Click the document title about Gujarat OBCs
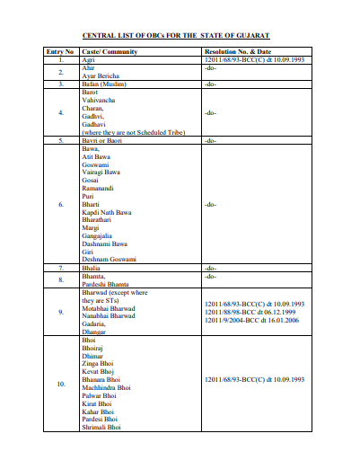[x=176, y=35]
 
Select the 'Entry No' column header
[x=60, y=52]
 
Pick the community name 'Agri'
[x=88, y=59]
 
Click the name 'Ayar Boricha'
[x=101, y=75]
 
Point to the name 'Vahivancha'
[x=101, y=99]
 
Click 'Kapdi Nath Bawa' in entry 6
[x=107, y=212]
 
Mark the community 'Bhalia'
[x=92, y=268]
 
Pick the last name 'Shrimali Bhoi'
[x=101, y=428]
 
